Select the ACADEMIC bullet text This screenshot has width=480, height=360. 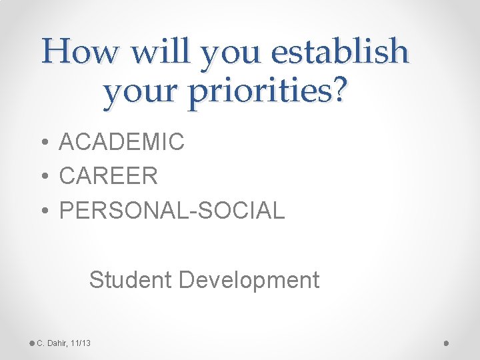click(121, 142)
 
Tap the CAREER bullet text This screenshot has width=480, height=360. click(109, 176)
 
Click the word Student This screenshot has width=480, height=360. click(131, 280)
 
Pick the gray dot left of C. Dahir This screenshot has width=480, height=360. click(32, 343)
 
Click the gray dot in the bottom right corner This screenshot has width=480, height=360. click(446, 343)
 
